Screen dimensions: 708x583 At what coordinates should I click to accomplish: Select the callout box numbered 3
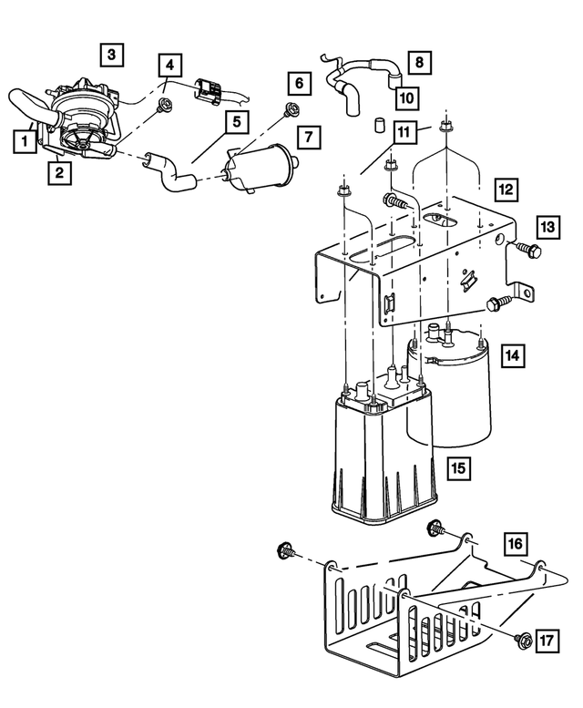tap(111, 56)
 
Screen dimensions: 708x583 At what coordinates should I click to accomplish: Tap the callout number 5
tap(235, 120)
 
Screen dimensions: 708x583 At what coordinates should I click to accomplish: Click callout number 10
tap(404, 97)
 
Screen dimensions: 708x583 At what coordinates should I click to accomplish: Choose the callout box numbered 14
tap(513, 355)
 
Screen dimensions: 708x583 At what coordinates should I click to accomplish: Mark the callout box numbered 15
tap(459, 468)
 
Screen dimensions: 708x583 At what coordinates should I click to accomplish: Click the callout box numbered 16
tap(516, 544)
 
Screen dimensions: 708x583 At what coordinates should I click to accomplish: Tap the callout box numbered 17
tap(545, 641)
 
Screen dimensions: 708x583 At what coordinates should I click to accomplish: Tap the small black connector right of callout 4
tap(209, 88)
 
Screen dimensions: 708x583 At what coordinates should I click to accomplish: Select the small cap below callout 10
tap(376, 125)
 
